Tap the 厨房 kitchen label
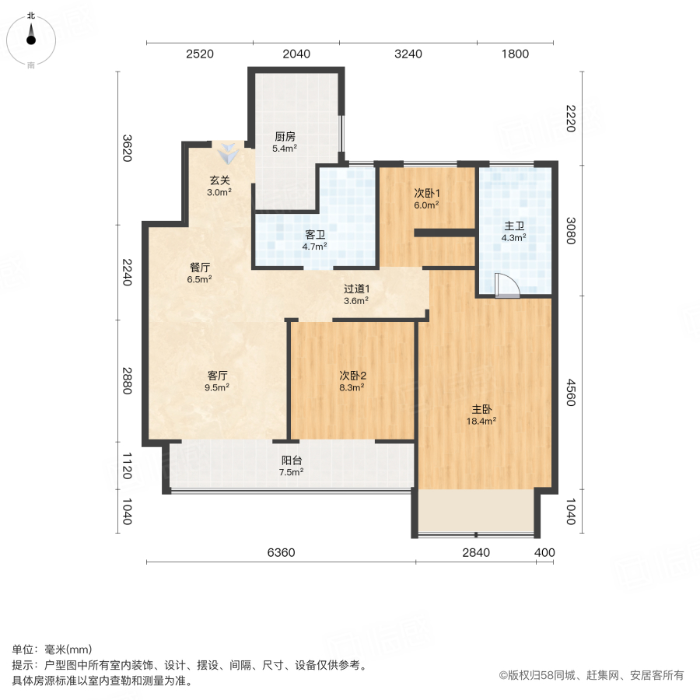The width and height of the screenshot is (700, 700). click(284, 135)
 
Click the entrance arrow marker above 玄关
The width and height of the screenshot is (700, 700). click(228, 153)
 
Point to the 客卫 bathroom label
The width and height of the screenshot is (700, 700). click(314, 234)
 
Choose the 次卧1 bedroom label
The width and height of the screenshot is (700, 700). click(426, 193)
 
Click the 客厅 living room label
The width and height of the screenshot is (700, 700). click(217, 375)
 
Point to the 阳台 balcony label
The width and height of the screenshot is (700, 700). click(292, 459)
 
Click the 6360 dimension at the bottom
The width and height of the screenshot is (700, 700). click(281, 553)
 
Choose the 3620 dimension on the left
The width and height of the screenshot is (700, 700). click(128, 148)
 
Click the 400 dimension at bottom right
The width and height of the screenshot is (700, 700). click(544, 553)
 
